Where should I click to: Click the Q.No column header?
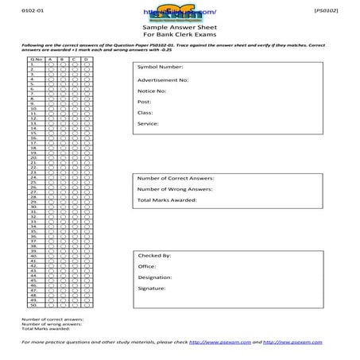click(x=37, y=59)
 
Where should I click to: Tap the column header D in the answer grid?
click(x=86, y=59)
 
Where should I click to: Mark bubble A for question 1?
click(x=50, y=64)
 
